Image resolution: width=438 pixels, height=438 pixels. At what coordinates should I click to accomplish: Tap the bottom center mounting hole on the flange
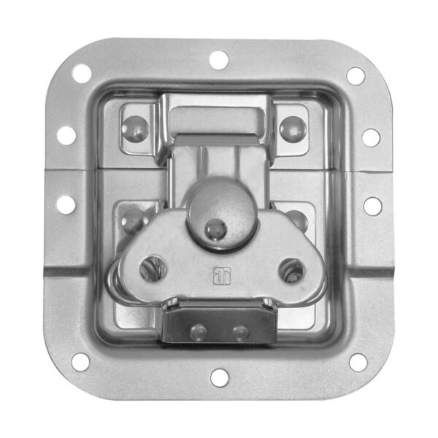coord(219,377)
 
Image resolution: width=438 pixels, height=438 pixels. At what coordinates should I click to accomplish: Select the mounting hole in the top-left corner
coord(82,73)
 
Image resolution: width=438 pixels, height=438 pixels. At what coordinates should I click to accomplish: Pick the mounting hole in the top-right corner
coord(356,75)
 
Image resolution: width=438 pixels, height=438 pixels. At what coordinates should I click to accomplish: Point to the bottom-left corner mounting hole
coord(80,361)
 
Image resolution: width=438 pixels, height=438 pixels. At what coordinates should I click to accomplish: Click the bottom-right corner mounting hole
coord(357,361)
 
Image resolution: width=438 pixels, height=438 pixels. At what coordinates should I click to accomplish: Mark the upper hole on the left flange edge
coord(66,135)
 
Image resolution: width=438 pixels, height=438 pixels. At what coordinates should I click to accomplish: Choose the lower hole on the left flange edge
coord(66,204)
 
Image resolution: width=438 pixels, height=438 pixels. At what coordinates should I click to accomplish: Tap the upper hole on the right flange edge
coord(371,137)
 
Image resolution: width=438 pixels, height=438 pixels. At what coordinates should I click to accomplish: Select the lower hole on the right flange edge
coord(372,206)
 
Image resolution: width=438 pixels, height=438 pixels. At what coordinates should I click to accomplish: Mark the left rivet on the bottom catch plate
coord(198,332)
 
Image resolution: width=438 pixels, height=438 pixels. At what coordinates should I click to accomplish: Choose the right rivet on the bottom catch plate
coord(240,333)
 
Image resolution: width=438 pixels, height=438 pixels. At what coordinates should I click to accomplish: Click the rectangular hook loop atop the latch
coord(215,120)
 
